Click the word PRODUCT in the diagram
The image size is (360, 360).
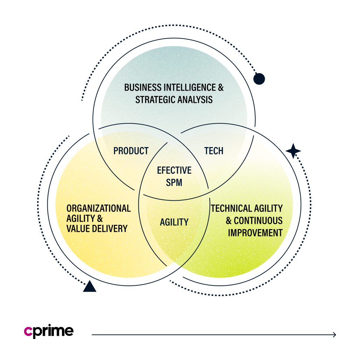pos(131,151)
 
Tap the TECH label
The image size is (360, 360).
pos(214,151)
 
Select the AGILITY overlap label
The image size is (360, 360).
pos(174,222)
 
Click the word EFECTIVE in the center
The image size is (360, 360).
pos(174,171)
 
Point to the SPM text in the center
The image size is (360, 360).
pos(174,182)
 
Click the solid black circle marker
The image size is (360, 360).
pos(259,79)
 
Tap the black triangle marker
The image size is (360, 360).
pos(90,286)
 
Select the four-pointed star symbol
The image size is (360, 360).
pos(293,151)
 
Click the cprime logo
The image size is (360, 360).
pos(49,332)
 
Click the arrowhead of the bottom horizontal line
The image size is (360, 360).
pos(334,335)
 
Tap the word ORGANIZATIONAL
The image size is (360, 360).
pos(98,208)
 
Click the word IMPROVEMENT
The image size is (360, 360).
pos(255,233)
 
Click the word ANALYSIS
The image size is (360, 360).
pos(195,99)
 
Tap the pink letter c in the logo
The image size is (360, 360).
pos(28,332)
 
